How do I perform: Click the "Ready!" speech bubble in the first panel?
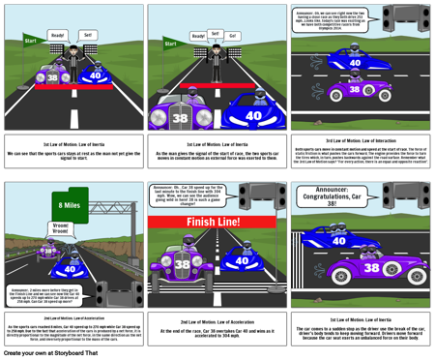(58, 35)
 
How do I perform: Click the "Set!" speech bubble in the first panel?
(88, 35)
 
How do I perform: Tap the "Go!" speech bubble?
(233, 36)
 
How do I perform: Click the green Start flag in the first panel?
(30, 42)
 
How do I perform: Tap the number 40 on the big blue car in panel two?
(252, 114)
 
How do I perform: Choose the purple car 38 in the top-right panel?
(359, 91)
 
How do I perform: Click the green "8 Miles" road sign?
(70, 204)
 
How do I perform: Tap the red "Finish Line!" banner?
(217, 222)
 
